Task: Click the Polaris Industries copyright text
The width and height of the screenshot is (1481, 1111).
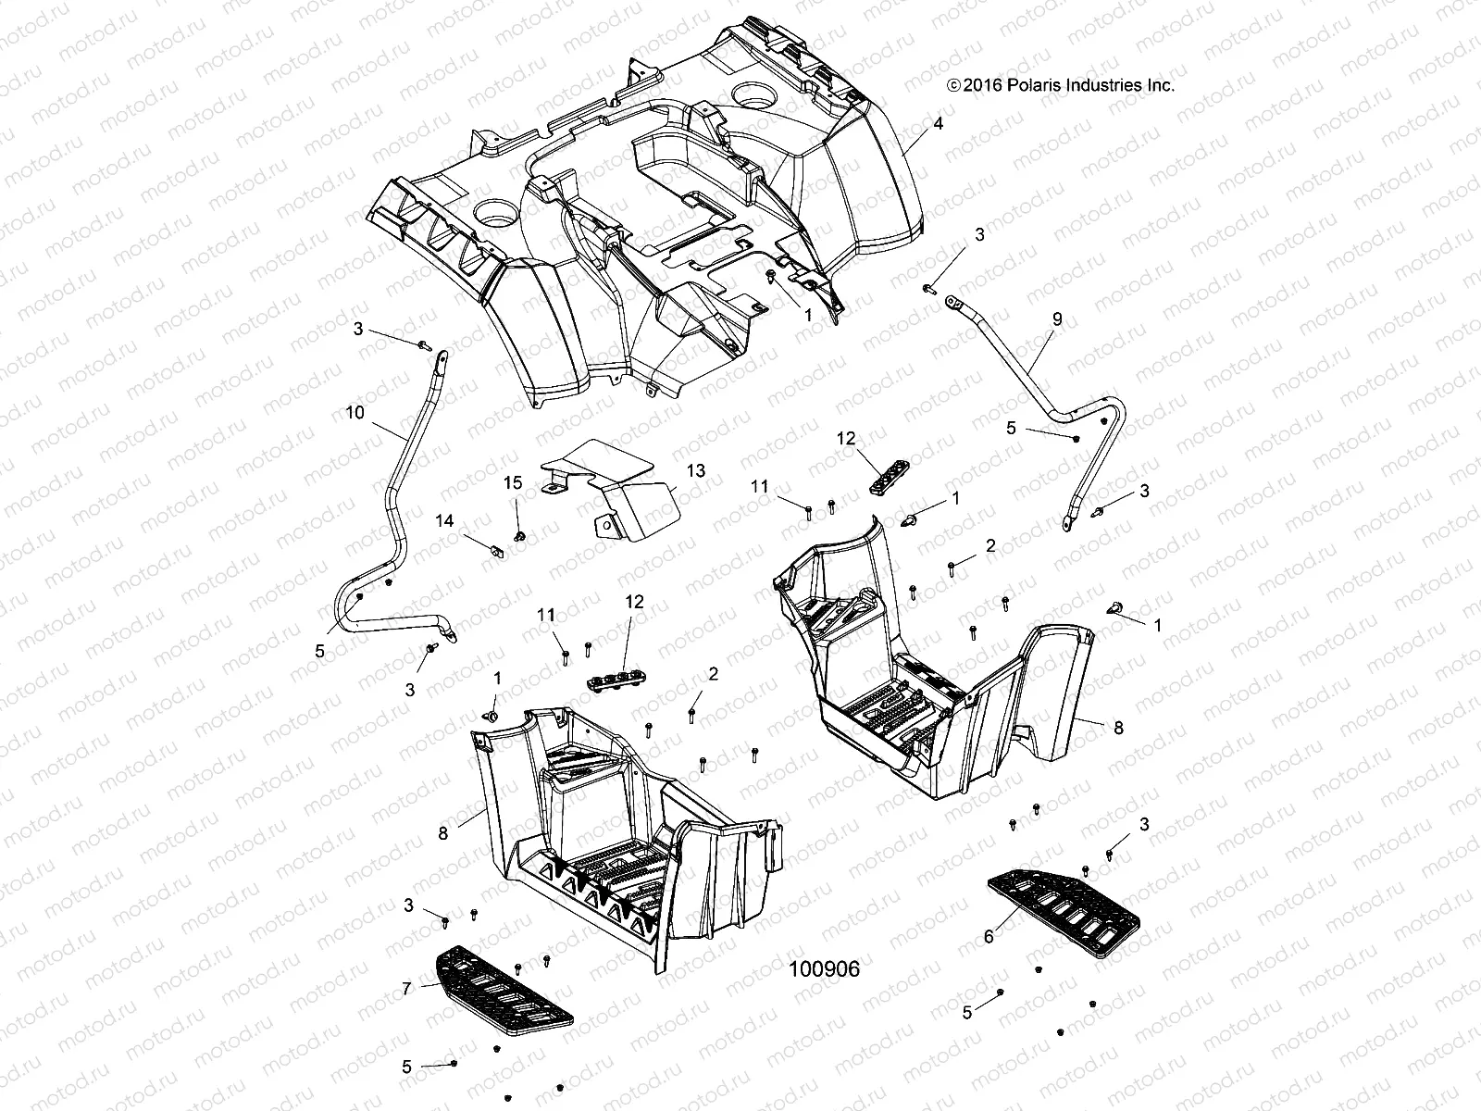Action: [x=1060, y=85]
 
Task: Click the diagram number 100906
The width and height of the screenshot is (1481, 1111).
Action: [x=825, y=969]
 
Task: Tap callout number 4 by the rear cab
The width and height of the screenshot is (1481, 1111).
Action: [x=938, y=123]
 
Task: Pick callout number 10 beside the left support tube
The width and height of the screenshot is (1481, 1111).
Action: [x=355, y=412]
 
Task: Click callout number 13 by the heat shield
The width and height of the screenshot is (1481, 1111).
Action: [x=695, y=470]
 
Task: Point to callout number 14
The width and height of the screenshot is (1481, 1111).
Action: [x=444, y=521]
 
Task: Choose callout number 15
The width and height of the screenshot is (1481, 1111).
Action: [x=513, y=482]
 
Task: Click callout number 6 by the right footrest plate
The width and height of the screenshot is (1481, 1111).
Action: [x=989, y=937]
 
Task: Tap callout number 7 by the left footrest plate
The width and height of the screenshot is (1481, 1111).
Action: [x=406, y=989]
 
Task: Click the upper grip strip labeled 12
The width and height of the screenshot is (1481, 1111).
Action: [x=888, y=476]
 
